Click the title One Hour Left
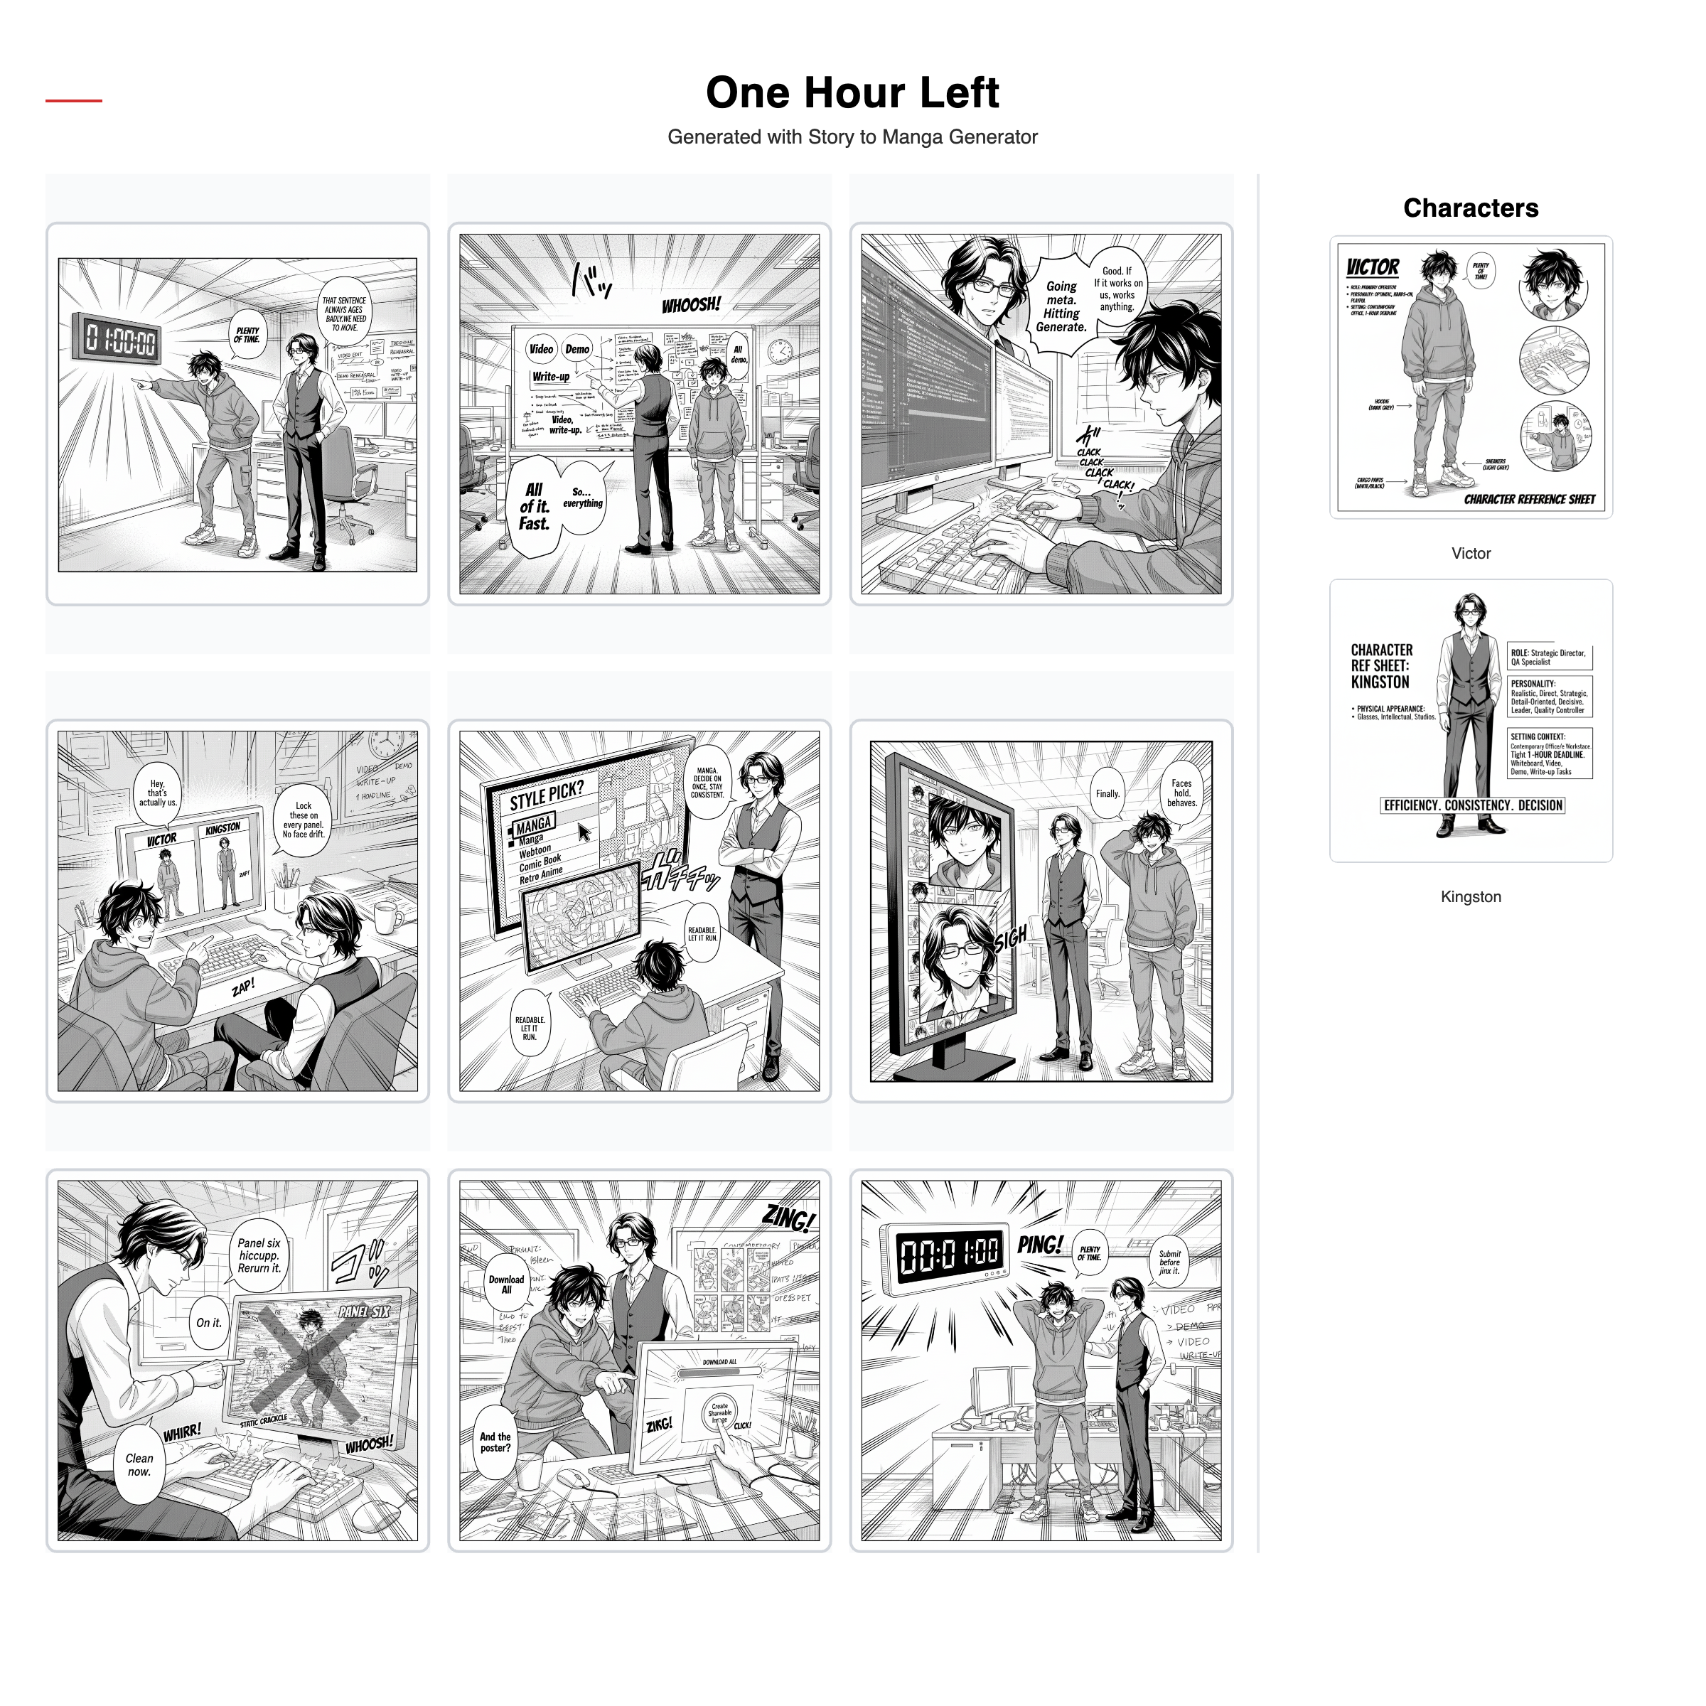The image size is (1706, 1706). [x=852, y=92]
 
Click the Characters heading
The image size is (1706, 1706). [x=1470, y=208]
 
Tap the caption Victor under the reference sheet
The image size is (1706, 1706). [x=1470, y=554]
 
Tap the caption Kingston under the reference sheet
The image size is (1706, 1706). [x=1470, y=897]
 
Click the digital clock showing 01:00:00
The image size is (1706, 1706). [x=120, y=339]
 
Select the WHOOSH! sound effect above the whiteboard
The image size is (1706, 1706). [x=692, y=306]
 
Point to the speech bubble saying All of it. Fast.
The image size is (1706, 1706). [x=535, y=507]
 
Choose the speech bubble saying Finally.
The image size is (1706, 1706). [x=1107, y=794]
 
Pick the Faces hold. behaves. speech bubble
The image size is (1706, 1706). [x=1181, y=793]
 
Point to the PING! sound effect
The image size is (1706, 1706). [x=1040, y=1245]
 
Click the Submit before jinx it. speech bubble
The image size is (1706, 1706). [x=1169, y=1262]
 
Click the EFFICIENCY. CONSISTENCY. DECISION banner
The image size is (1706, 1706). [x=1472, y=805]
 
